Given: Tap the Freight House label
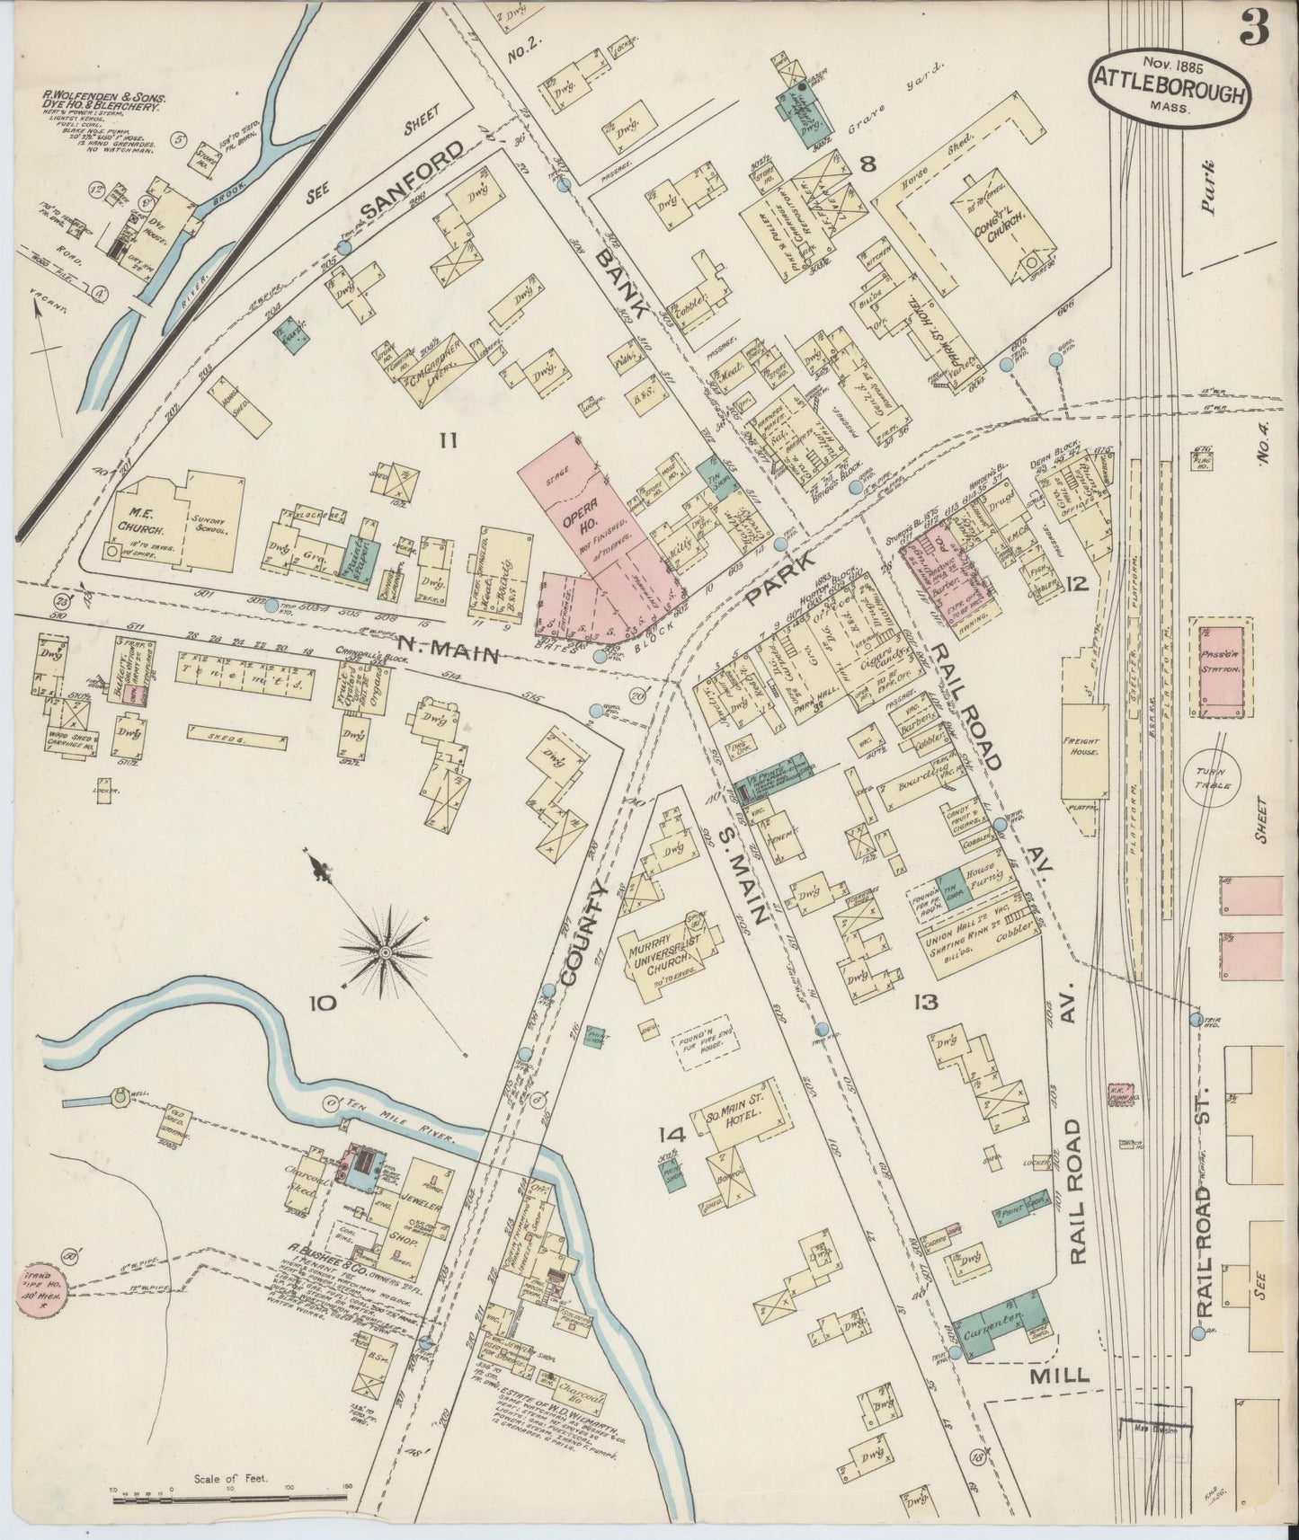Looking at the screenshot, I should pyautogui.click(x=1084, y=748).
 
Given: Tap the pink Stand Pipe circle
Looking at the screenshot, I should pyautogui.click(x=41, y=1286).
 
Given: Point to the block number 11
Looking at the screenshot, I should pyautogui.click(x=449, y=439).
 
